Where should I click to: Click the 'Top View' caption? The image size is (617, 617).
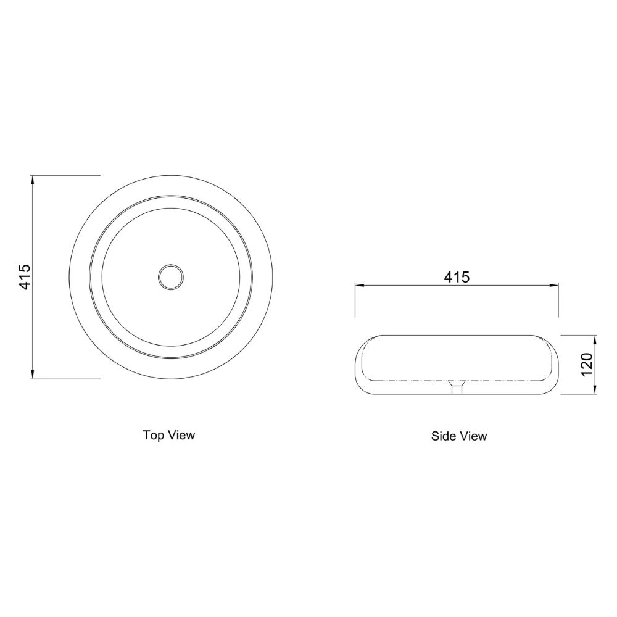point(169,435)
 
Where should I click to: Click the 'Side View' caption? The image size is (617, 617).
point(459,436)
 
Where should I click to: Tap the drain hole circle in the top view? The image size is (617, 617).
point(171,277)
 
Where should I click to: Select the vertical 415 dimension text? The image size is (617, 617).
point(25,277)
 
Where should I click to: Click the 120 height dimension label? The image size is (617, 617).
point(586,365)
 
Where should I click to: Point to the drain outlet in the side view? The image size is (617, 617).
point(457,387)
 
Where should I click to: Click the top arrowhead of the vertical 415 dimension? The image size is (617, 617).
point(33,180)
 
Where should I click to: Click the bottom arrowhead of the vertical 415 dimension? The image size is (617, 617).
point(33,375)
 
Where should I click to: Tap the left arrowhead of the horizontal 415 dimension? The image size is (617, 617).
point(360,286)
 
